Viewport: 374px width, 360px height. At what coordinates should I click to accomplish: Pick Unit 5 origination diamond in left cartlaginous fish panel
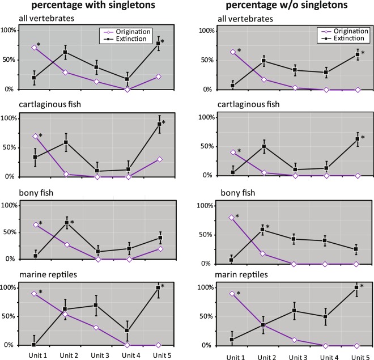158,159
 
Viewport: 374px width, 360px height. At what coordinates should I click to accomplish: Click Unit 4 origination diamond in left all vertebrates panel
127,90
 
